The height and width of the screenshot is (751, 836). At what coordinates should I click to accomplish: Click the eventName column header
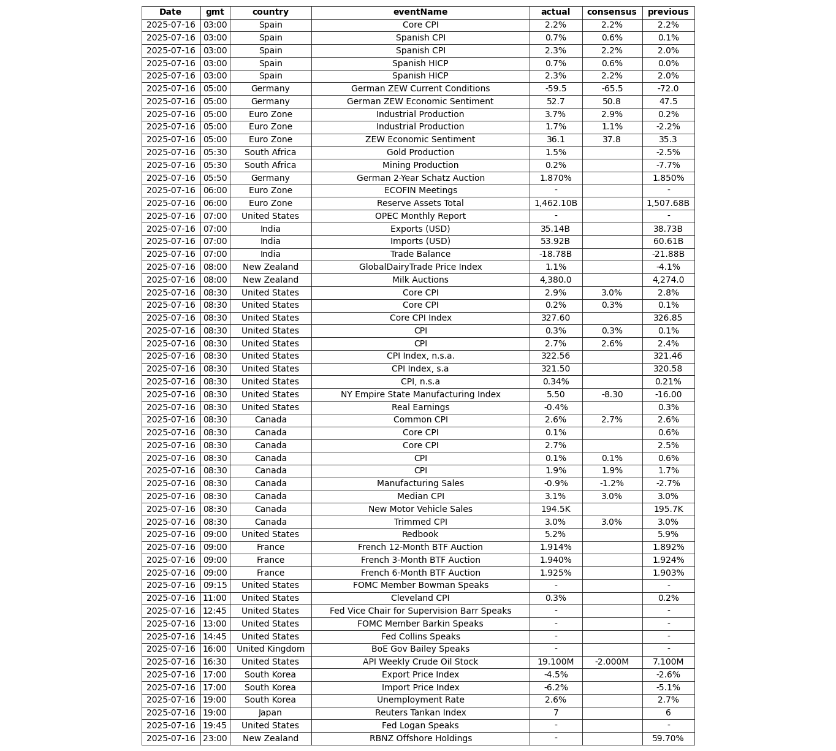420,12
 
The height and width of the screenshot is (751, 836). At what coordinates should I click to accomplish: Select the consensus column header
612,12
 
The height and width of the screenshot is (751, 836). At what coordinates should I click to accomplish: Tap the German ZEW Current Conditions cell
420,89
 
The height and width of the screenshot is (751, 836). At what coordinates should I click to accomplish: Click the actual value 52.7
555,102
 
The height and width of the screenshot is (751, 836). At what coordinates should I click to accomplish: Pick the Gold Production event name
420,153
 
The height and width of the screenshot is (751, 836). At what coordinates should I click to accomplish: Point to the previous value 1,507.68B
667,204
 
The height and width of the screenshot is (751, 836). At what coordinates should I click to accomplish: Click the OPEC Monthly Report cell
420,216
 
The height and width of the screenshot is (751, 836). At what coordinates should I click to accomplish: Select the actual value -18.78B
555,254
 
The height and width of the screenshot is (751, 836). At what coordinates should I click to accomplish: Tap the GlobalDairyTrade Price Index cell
420,267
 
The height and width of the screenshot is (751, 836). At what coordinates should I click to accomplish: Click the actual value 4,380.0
555,280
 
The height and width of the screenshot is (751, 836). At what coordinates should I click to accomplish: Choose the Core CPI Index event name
420,318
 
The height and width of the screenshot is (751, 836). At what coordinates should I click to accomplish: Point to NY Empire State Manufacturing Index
420,395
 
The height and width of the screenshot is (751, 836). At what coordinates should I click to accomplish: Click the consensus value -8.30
612,395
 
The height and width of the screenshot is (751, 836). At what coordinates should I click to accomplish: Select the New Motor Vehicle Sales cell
420,509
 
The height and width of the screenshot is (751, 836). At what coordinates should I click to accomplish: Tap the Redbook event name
420,535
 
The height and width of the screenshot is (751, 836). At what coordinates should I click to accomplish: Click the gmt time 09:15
215,585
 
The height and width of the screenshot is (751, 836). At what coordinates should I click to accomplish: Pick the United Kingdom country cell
270,649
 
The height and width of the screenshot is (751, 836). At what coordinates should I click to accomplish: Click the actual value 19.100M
555,662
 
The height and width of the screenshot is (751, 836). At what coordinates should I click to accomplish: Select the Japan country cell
270,713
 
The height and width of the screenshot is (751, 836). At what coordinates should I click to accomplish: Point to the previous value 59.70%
667,739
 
